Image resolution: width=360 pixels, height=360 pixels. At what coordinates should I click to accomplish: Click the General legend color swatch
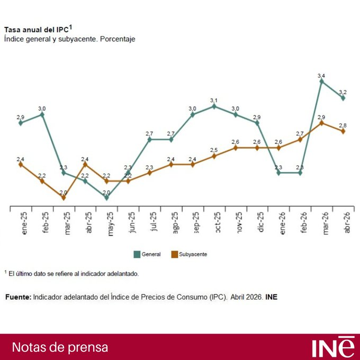137,255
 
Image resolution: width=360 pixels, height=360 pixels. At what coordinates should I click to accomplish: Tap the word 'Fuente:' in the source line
18,298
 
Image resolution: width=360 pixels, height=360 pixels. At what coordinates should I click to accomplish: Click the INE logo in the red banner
333,347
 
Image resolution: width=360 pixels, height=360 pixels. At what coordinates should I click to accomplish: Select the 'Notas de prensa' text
60,347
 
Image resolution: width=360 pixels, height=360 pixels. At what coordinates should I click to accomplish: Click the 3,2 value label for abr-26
343,92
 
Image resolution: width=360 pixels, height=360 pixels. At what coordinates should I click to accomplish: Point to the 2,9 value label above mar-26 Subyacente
321,117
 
